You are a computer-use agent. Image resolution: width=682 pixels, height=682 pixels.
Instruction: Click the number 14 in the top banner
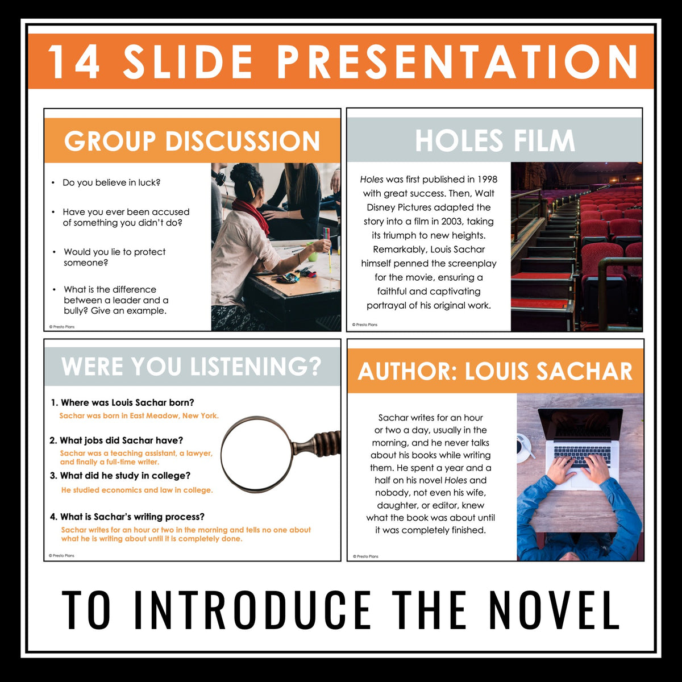(x=74, y=61)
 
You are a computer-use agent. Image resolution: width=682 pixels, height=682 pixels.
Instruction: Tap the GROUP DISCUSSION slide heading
(x=192, y=142)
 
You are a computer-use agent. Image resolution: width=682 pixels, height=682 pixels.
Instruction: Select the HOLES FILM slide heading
(x=494, y=140)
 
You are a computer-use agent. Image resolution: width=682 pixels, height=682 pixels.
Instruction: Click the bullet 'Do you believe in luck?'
(x=111, y=182)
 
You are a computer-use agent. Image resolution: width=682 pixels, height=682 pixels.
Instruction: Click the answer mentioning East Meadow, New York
(x=139, y=416)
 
